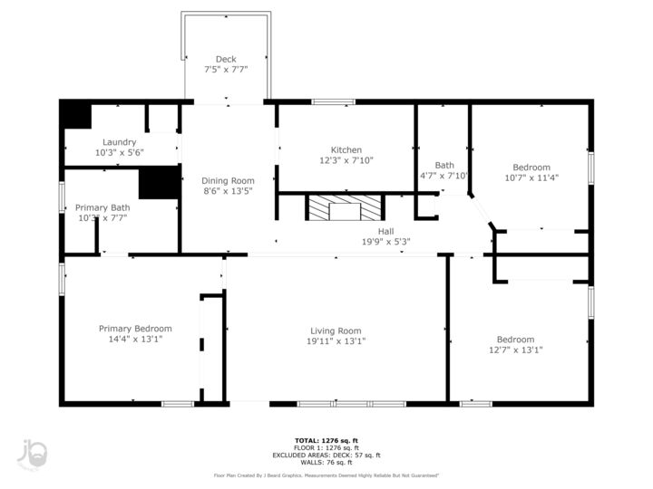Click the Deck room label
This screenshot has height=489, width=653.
click(x=226, y=59)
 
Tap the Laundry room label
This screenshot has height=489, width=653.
click(x=120, y=142)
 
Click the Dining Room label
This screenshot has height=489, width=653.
click(x=228, y=180)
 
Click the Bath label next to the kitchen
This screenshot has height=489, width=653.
click(x=444, y=165)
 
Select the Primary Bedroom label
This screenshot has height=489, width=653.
click(x=135, y=329)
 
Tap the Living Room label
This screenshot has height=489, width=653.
click(x=336, y=331)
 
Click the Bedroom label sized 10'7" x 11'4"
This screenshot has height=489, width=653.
click(x=531, y=168)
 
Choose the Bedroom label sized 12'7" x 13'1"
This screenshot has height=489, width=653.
click(x=515, y=340)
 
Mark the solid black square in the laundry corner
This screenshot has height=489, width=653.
click(x=76, y=115)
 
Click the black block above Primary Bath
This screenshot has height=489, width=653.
click(x=159, y=183)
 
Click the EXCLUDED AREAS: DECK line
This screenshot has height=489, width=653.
click(x=326, y=455)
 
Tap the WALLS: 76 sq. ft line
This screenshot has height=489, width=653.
click(x=326, y=463)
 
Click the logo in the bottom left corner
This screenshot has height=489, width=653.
click(x=33, y=454)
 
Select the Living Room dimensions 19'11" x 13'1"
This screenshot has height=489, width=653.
click(x=336, y=341)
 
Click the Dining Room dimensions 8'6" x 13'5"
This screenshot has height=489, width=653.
click(x=228, y=191)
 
